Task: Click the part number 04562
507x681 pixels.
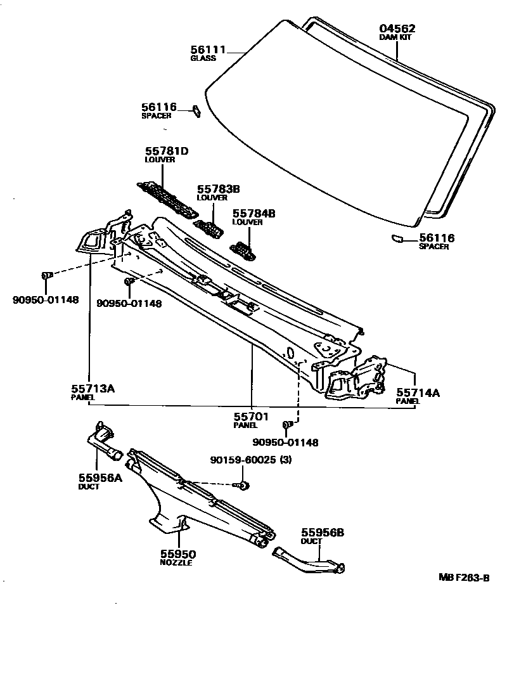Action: [397, 29]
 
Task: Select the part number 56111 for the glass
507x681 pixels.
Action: [209, 49]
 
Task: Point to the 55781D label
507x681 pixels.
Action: [167, 151]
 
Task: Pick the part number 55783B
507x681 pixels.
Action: [218, 189]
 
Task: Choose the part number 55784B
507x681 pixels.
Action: [253, 214]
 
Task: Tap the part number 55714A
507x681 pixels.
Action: [418, 392]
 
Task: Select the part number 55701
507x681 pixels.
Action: [252, 417]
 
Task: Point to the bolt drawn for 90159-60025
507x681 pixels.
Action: [243, 486]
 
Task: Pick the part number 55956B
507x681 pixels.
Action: [322, 533]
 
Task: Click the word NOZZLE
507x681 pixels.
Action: [177, 562]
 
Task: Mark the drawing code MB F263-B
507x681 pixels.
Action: [465, 578]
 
